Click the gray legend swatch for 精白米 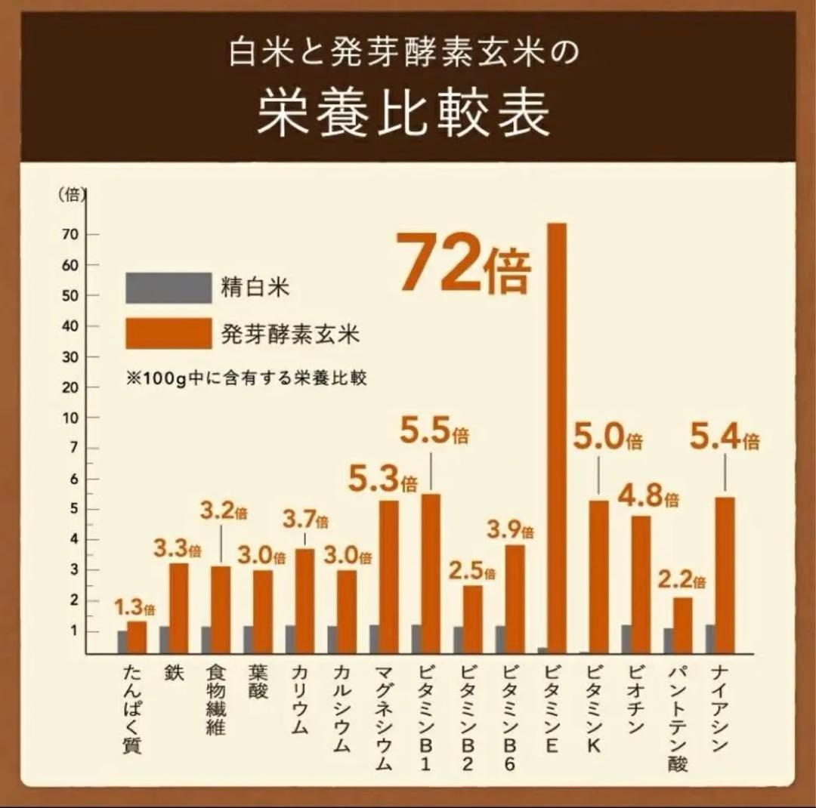point(168,287)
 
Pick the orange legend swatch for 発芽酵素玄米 point(168,333)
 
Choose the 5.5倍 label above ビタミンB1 point(434,435)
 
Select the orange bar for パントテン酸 point(682,625)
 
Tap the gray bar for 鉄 point(164,639)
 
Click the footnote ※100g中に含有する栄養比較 point(246,378)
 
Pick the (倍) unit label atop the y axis point(71,194)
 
